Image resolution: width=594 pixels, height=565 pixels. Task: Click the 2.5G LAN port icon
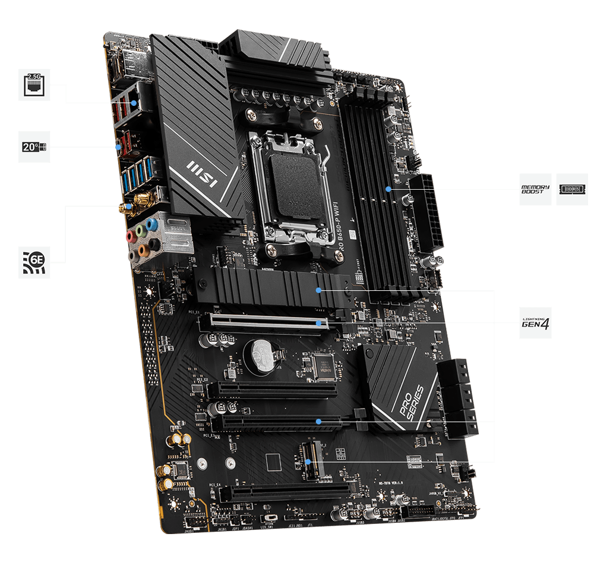(34, 84)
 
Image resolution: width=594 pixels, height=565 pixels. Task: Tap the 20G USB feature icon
(34, 146)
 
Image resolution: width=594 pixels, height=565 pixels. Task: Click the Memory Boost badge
(535, 190)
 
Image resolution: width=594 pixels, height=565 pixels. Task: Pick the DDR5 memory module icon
(572, 190)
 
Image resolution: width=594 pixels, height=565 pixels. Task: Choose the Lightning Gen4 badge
(535, 323)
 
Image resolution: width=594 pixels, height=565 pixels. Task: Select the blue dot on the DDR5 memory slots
(388, 189)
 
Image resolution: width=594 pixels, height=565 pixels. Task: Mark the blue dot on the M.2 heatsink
(319, 290)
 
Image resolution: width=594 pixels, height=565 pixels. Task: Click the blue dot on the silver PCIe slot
(320, 324)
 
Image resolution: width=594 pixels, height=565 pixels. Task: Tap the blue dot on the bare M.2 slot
(308, 462)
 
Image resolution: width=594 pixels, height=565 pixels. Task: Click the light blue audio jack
(152, 225)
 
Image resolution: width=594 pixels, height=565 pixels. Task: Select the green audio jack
(140, 230)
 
